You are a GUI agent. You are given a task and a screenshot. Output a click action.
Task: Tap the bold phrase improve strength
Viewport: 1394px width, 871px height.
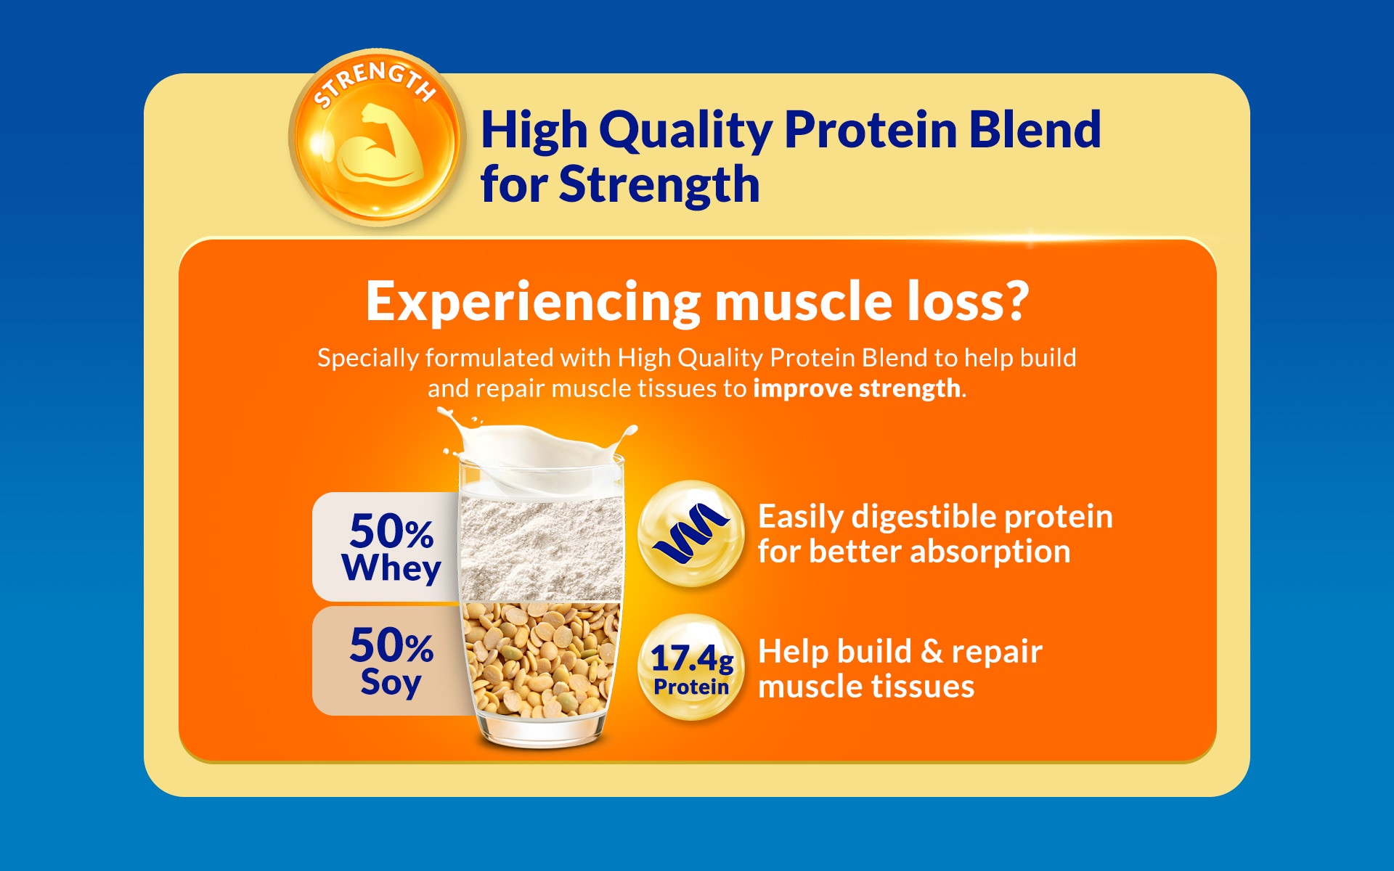click(x=857, y=388)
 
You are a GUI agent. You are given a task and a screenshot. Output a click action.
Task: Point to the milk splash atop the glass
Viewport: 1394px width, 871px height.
click(x=537, y=450)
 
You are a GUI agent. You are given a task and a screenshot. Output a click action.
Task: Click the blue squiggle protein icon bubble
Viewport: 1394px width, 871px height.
click(x=691, y=534)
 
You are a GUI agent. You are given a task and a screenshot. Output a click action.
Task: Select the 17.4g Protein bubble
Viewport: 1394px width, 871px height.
click(x=691, y=668)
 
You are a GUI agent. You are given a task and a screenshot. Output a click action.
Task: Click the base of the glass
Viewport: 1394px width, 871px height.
click(x=541, y=733)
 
